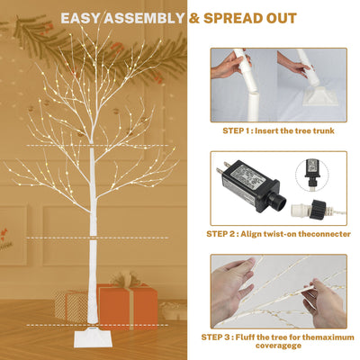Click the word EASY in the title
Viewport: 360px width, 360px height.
pos(84,17)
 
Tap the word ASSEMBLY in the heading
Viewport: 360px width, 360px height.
pos(148,17)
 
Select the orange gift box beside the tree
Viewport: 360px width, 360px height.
pos(126,309)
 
